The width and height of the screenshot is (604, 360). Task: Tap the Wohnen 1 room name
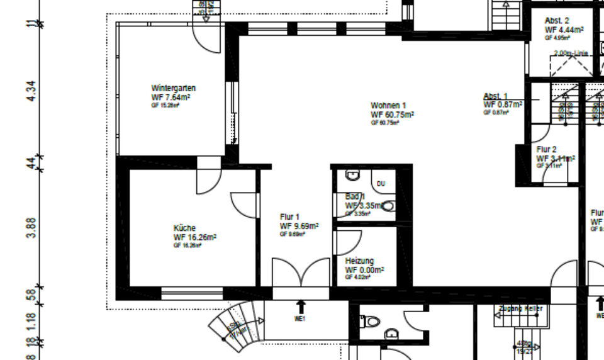tap(388, 105)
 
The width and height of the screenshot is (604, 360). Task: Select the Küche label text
tap(184, 228)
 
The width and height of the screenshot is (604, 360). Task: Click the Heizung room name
tap(359, 261)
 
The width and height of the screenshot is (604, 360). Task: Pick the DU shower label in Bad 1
tap(381, 184)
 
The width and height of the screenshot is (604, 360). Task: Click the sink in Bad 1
tap(353, 174)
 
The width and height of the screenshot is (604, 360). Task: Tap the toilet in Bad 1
tap(388, 206)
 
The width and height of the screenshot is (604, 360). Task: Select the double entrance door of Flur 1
tap(301, 274)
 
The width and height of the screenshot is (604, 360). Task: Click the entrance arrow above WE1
tap(301, 307)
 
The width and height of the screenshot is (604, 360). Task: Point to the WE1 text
tap(300, 319)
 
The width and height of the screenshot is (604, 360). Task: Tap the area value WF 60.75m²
tap(392, 115)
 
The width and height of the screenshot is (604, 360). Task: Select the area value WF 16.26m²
tap(195, 237)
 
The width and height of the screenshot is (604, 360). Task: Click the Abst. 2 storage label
tap(557, 21)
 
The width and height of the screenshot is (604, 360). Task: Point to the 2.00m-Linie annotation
tap(571, 53)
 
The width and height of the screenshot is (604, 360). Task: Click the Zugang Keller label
tap(520, 308)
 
